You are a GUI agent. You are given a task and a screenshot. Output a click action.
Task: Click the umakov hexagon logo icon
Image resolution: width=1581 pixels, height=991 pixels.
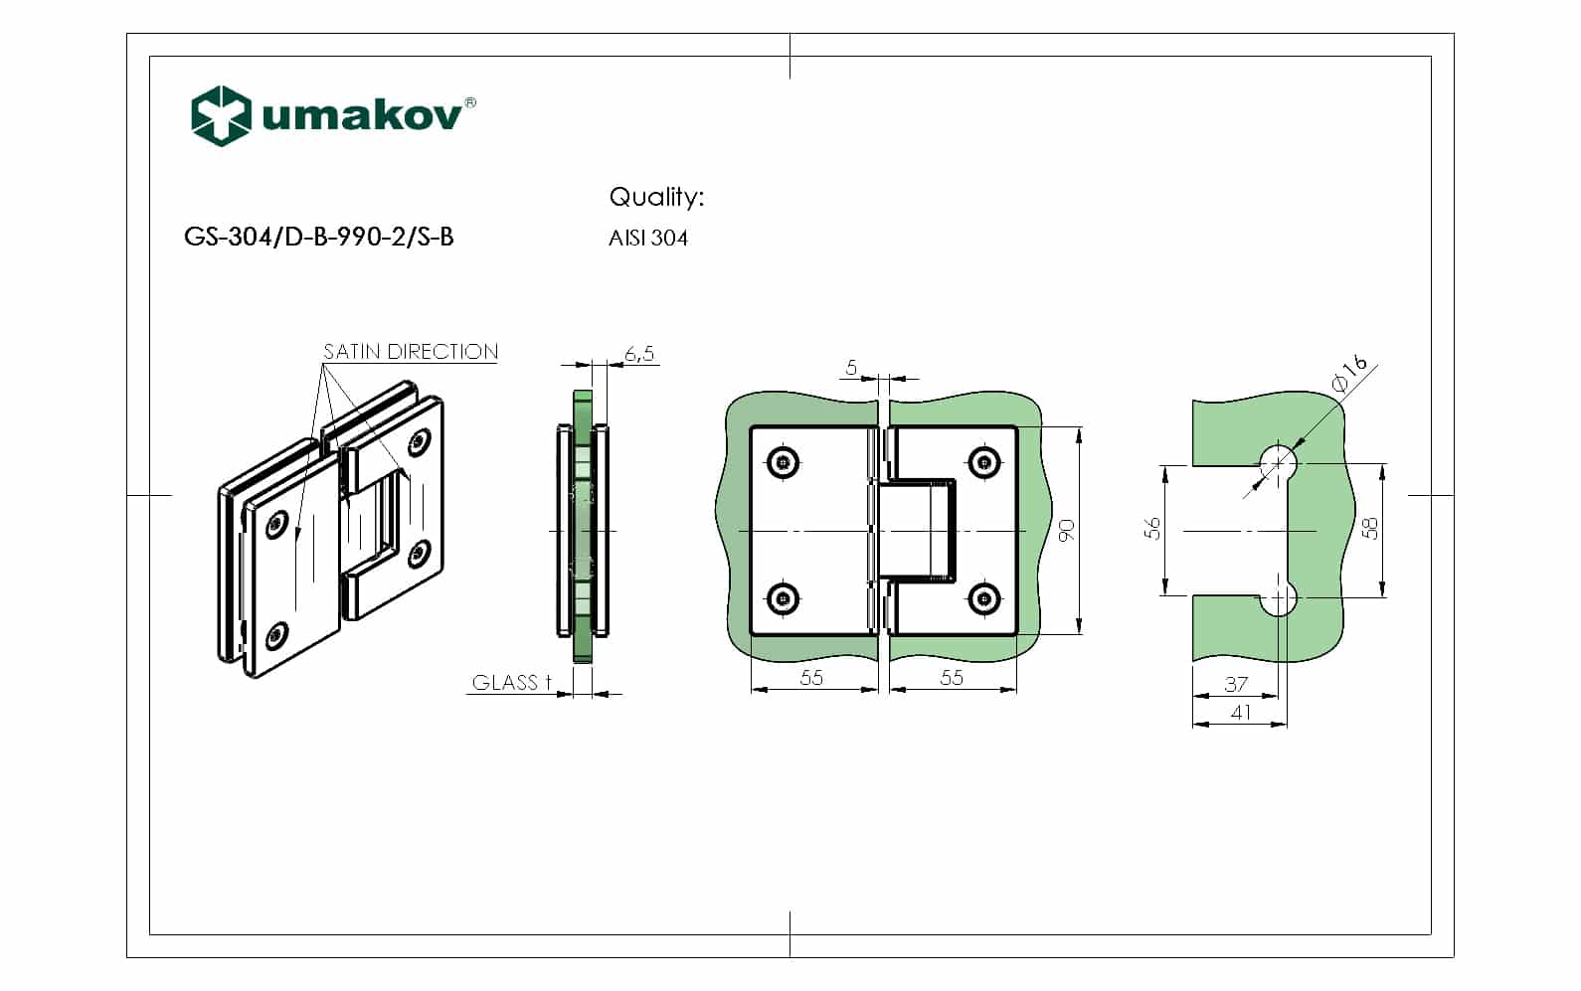(x=220, y=115)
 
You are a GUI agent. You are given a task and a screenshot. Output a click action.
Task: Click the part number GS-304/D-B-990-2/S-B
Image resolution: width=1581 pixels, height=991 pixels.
(x=319, y=237)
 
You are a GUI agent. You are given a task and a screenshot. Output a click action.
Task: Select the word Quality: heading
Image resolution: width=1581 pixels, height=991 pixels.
(x=656, y=197)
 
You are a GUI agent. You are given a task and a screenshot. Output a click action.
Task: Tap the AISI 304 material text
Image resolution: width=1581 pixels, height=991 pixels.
(x=648, y=239)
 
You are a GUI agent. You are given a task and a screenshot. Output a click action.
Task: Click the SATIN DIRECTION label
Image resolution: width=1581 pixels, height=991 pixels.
(x=411, y=352)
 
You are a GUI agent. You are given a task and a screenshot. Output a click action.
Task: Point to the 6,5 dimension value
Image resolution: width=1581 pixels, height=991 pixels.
(x=639, y=354)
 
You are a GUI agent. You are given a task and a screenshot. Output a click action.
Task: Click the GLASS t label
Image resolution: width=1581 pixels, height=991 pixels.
(x=511, y=683)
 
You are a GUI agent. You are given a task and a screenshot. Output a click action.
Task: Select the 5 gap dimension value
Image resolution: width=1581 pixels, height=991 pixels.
(x=851, y=368)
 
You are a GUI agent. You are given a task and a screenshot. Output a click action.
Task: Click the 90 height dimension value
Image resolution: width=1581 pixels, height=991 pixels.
(x=1067, y=530)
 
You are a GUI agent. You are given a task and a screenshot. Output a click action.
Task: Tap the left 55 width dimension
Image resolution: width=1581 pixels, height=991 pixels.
(x=811, y=677)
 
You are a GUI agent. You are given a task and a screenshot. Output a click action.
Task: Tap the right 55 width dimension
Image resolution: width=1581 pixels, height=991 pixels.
(x=952, y=677)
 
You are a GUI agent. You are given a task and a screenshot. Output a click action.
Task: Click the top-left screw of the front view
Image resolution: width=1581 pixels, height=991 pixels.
(x=785, y=461)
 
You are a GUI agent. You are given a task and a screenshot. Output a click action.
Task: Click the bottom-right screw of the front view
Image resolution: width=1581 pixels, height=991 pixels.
(x=983, y=598)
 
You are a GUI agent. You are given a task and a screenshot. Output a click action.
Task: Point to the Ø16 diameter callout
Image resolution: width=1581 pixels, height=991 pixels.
(x=1350, y=376)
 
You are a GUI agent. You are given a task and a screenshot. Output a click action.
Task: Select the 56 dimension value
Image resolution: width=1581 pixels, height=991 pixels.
(x=1152, y=528)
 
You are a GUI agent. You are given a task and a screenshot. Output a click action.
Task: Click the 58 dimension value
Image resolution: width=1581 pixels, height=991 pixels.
(x=1370, y=528)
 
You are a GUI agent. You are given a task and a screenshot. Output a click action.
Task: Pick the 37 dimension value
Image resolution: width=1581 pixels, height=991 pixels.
(x=1236, y=684)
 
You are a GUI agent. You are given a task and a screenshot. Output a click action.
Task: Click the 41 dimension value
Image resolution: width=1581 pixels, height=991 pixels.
(x=1240, y=712)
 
